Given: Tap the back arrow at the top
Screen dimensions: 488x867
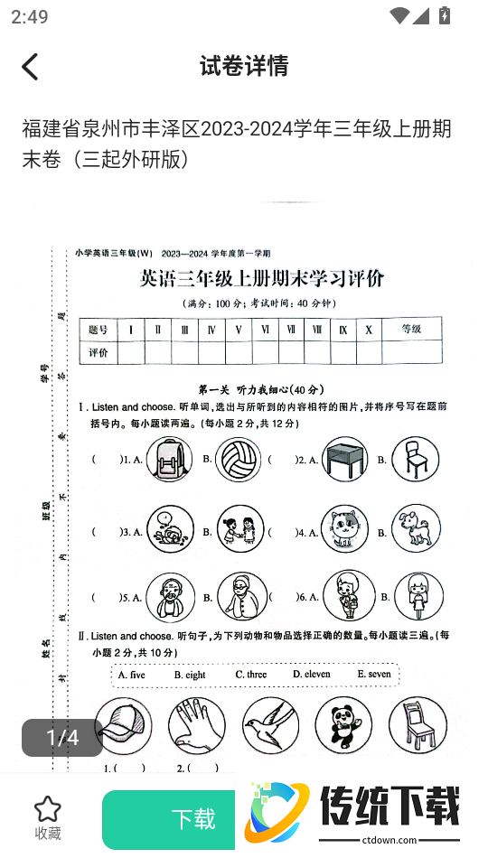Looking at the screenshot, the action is pyautogui.click(x=31, y=66).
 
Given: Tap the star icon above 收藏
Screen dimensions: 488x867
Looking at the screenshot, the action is pyautogui.click(x=47, y=808).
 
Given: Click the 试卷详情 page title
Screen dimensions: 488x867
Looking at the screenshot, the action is pyautogui.click(x=244, y=66).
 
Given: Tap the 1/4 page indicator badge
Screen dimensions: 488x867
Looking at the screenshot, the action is pyautogui.click(x=62, y=738).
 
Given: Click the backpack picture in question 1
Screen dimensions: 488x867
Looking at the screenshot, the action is pyautogui.click(x=170, y=458).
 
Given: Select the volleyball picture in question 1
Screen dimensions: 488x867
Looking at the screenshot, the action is pyautogui.click(x=239, y=458).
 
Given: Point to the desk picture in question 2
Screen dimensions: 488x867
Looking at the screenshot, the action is pyautogui.click(x=345, y=458).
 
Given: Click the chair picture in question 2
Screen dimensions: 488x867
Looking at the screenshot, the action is pyautogui.click(x=415, y=458).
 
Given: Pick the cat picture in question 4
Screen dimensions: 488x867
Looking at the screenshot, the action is pyautogui.click(x=344, y=528).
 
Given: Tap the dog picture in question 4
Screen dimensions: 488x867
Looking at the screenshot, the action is pyautogui.click(x=416, y=528).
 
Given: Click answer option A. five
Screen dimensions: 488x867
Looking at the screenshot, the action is pyautogui.click(x=131, y=675).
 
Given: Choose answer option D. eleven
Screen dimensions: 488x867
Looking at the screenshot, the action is pyautogui.click(x=312, y=674).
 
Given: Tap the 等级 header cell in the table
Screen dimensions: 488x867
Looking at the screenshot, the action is pyautogui.click(x=411, y=330).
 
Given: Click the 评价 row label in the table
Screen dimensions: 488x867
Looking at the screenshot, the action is pyautogui.click(x=99, y=352).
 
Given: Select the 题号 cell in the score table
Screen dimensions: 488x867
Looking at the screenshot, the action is pyautogui.click(x=99, y=330).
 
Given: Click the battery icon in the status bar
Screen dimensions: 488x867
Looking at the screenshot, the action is pyautogui.click(x=444, y=15).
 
